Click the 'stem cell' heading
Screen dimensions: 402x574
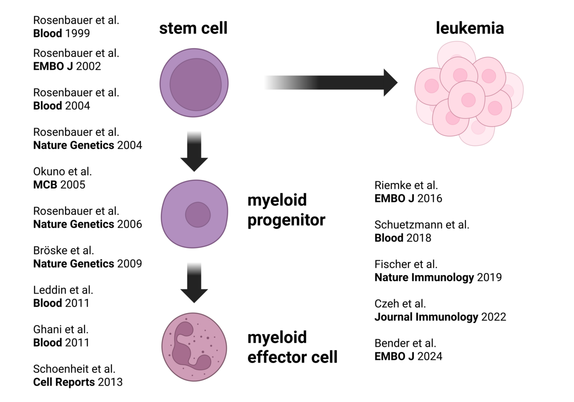tap(193, 28)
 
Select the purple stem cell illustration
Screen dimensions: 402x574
tap(194, 83)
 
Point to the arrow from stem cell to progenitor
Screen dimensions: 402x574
tap(194, 152)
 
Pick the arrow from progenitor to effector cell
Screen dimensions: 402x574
tap(194, 283)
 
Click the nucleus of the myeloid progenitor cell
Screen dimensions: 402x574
tap(198, 215)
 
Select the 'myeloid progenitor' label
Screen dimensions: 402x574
tap(286, 210)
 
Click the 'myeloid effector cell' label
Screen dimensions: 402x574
tap(292, 347)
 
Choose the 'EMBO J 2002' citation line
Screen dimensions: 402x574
tap(67, 66)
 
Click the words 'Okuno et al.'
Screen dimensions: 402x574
tap(63, 171)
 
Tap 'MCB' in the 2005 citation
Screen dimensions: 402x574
tap(45, 184)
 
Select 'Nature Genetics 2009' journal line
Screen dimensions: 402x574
tap(88, 264)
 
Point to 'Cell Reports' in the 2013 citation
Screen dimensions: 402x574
tap(64, 382)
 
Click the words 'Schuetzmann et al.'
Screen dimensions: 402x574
tap(422, 224)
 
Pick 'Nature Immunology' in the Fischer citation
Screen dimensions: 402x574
tap(424, 277)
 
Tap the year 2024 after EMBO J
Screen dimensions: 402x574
tap(430, 356)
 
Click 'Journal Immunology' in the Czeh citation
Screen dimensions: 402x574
tap(426, 316)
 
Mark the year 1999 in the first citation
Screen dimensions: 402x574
tap(77, 33)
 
